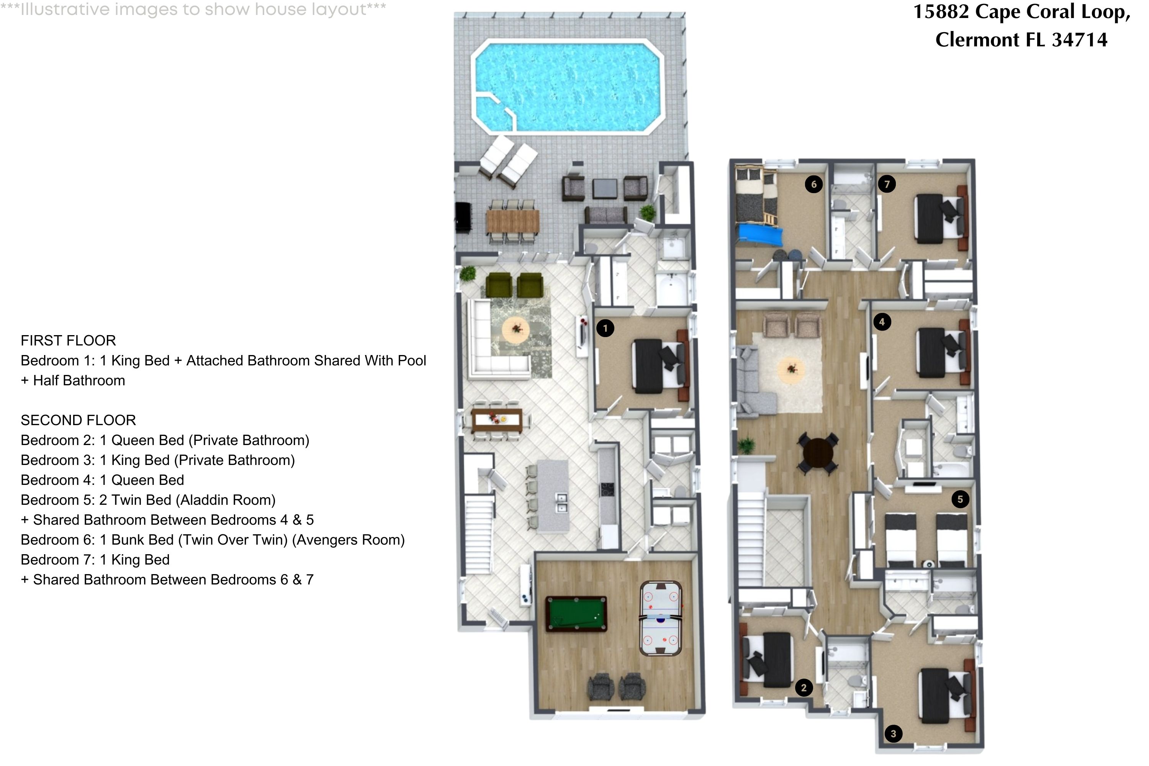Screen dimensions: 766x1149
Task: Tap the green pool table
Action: tap(576, 614)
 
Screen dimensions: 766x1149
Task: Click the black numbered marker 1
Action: tap(605, 328)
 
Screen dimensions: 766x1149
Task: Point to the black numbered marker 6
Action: tap(813, 184)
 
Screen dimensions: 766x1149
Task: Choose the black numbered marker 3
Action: tap(893, 733)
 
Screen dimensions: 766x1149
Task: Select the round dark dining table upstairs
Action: tap(818, 453)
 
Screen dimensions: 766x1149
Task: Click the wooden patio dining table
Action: tap(512, 221)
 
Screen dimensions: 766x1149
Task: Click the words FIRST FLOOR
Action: tap(69, 340)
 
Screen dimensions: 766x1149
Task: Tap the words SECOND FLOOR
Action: tap(78, 420)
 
